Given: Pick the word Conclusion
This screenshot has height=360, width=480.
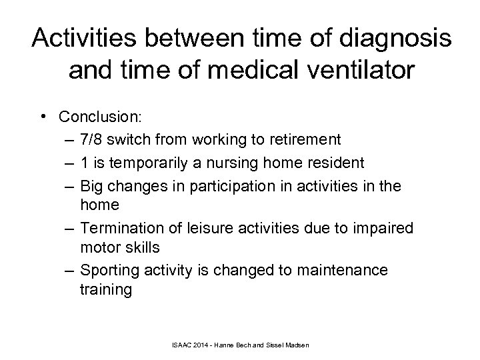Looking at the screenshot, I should click(x=118, y=117).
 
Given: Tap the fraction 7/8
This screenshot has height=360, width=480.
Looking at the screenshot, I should click(x=92, y=139).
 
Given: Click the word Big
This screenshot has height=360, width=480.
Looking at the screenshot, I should click(x=91, y=184).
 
